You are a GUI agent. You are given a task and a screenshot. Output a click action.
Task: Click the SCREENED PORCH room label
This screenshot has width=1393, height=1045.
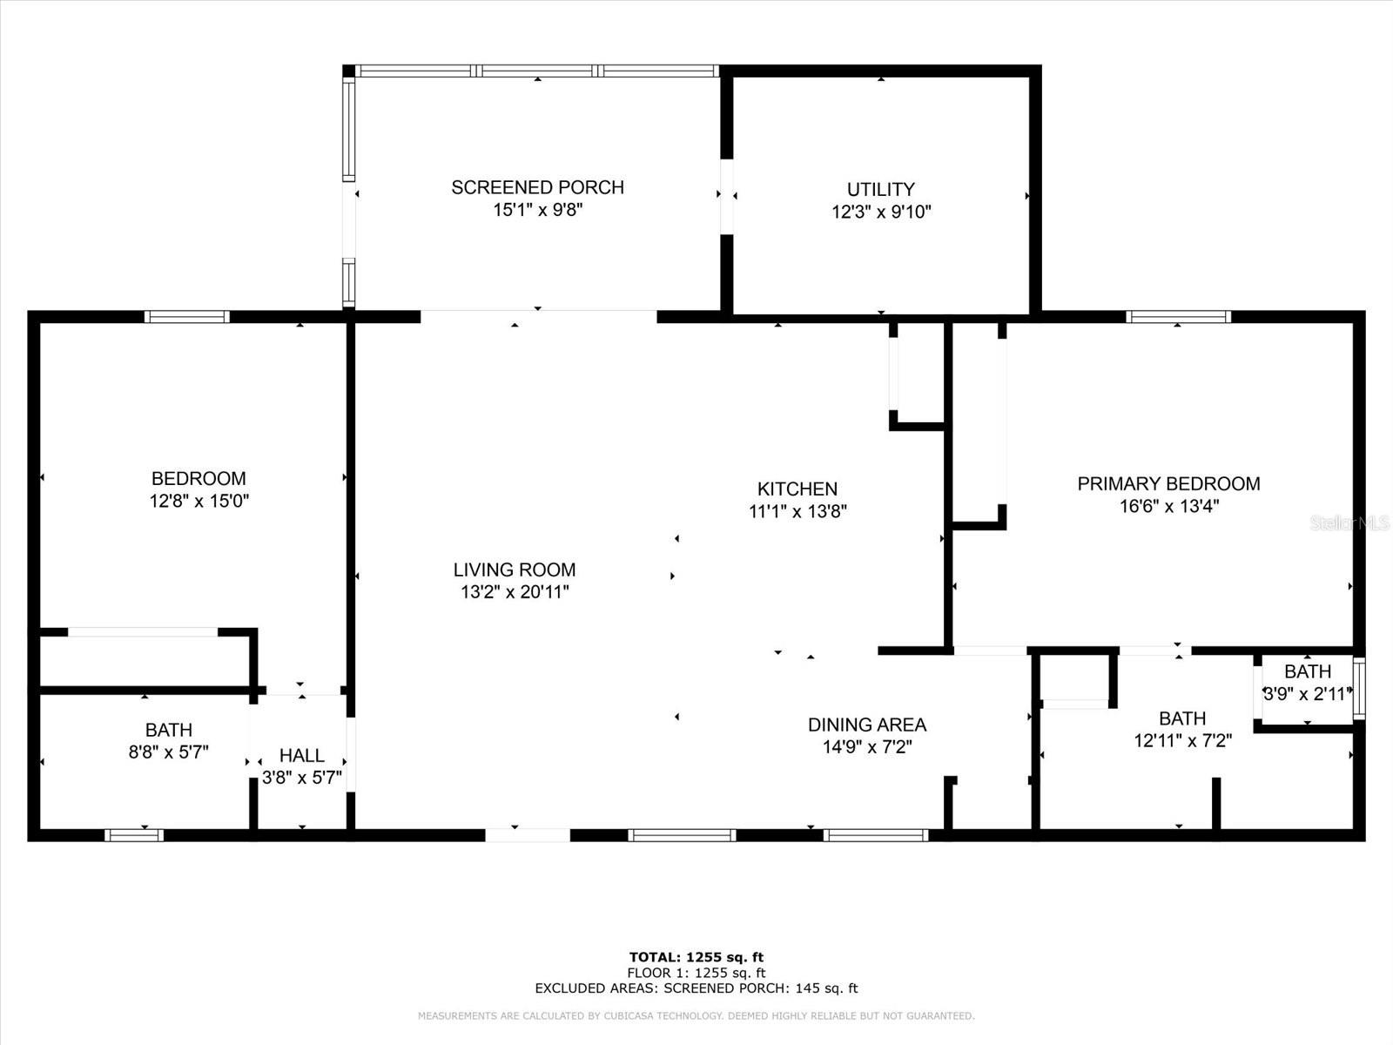[x=537, y=187]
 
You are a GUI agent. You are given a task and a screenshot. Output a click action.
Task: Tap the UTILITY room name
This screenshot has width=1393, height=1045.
[x=880, y=189]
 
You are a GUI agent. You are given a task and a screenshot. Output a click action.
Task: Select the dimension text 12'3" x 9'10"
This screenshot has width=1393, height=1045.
[x=881, y=212]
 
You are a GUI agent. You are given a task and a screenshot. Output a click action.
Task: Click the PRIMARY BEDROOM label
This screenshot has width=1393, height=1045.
[x=1168, y=484]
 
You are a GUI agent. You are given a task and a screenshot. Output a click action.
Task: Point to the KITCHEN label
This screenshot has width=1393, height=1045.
[x=797, y=489]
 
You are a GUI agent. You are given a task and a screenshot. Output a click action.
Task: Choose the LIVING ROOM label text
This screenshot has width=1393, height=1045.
[x=514, y=570]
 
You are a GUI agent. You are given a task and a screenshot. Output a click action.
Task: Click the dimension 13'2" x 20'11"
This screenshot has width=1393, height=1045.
[x=515, y=592]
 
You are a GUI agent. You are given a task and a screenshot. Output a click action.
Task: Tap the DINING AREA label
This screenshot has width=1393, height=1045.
[x=866, y=725]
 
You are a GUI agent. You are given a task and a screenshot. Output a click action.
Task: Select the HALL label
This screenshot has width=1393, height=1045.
[x=301, y=756]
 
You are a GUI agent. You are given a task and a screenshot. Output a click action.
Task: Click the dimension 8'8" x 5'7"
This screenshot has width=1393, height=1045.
[x=168, y=752]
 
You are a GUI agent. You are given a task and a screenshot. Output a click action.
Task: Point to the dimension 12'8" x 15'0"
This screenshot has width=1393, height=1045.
[x=199, y=501]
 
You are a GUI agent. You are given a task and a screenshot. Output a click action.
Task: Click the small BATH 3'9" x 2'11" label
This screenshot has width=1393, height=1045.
[x=1307, y=671]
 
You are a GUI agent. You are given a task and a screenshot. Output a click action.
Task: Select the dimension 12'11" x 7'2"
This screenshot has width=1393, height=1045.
[x=1181, y=741]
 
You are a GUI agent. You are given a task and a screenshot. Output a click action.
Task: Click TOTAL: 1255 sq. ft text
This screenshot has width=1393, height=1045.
[x=696, y=957]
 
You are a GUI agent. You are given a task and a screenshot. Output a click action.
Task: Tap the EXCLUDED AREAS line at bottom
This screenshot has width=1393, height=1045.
[x=696, y=988]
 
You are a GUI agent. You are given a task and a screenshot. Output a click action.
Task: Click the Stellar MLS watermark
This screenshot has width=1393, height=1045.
[x=1349, y=523]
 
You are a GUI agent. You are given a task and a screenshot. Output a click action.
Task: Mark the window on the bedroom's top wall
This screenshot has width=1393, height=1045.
[x=186, y=317]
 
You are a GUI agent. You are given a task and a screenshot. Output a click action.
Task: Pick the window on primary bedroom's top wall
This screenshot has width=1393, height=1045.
[x=1178, y=317]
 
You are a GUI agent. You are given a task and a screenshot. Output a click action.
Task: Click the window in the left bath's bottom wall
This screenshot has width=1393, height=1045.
[x=134, y=835]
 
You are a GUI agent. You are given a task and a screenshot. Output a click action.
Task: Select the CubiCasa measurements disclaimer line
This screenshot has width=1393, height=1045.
[x=696, y=1016]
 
